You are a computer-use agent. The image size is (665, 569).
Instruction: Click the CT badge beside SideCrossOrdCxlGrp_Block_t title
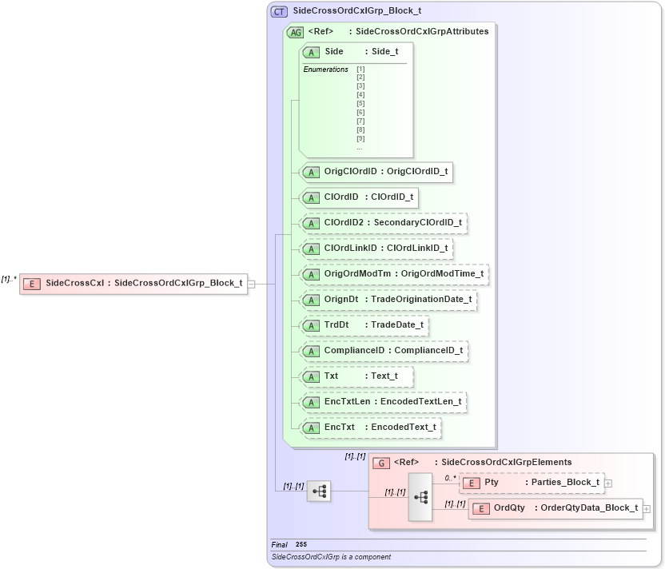click(x=279, y=11)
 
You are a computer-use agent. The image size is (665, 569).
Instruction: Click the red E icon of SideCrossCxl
click(x=32, y=283)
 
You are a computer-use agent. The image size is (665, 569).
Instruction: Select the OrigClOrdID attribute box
click(x=376, y=172)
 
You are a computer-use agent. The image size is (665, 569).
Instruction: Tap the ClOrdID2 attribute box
click(x=383, y=223)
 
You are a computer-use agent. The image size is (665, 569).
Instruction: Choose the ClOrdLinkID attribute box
click(x=376, y=249)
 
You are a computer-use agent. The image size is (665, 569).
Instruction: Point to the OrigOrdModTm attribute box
click(x=393, y=274)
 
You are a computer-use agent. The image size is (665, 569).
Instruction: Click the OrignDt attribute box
click(x=388, y=300)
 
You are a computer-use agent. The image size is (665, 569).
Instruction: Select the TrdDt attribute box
click(x=364, y=325)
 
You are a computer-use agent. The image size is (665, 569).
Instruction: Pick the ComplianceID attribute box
click(x=383, y=351)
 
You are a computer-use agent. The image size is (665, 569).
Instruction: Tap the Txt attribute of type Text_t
click(x=357, y=376)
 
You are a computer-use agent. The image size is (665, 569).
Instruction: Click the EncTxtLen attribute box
click(x=383, y=401)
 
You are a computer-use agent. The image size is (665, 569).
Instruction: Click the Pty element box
click(x=532, y=483)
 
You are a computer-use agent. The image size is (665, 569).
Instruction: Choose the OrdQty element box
click(x=555, y=508)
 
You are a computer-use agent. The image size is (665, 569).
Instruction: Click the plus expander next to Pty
click(x=609, y=483)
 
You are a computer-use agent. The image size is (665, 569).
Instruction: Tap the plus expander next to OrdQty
click(x=647, y=509)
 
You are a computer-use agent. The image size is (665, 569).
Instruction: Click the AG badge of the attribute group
click(x=295, y=32)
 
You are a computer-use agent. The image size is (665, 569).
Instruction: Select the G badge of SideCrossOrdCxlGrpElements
click(x=381, y=463)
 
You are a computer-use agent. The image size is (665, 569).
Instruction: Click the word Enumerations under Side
click(x=325, y=70)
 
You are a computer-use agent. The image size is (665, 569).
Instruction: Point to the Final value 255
click(x=301, y=544)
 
